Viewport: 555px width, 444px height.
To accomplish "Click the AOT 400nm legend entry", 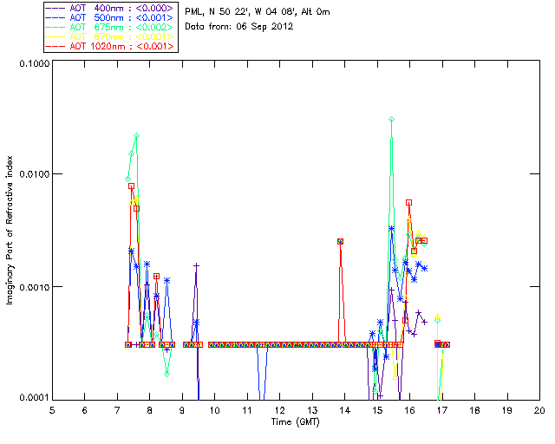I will point(110,8).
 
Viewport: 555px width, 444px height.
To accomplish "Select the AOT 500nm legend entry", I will point(110,17).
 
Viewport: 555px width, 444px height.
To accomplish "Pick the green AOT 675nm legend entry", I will point(110,27).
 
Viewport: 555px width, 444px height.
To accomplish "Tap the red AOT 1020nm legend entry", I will point(110,46).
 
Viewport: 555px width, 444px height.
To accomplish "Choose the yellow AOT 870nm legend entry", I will point(110,36).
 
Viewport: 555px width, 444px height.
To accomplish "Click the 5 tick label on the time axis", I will point(52,409).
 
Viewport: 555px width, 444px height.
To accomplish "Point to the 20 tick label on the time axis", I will point(539,409).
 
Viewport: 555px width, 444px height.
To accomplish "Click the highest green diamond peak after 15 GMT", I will point(392,119).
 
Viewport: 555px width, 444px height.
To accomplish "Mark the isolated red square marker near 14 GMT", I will point(341,241).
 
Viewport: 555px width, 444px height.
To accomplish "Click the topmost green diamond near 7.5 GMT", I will point(136,136).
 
